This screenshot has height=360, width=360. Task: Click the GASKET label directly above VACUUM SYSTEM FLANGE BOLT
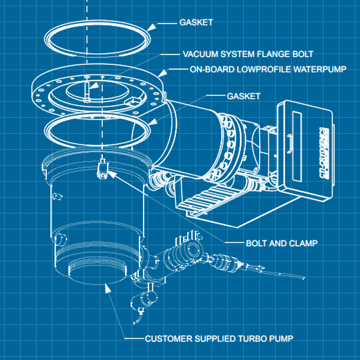196,23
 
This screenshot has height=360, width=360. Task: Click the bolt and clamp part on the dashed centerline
103,169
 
